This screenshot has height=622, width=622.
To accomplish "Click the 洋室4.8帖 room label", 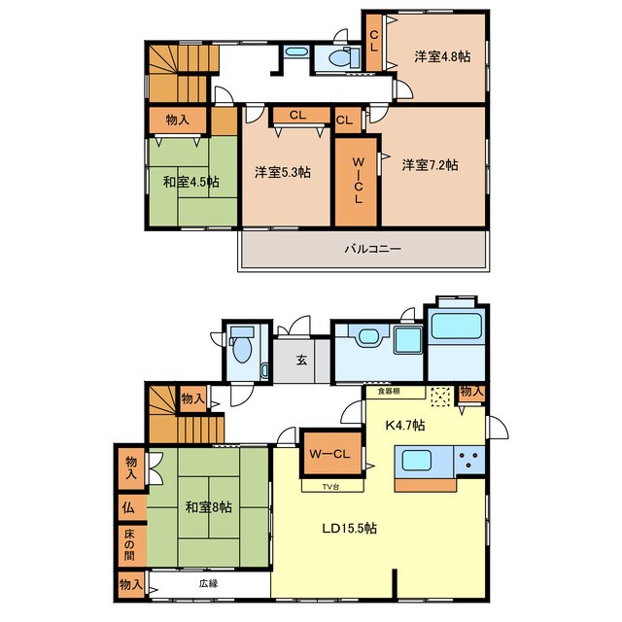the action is tap(442, 56).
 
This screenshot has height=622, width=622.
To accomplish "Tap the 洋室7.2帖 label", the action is tap(430, 164).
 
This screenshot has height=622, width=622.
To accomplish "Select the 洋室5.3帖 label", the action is tap(283, 172).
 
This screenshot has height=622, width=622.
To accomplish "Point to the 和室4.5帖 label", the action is tap(190, 182).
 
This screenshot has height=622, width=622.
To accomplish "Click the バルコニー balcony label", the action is tap(373, 249).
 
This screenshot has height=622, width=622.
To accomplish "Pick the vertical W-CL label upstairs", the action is tap(358, 181).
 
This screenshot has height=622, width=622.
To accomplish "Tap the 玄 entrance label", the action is tap(302, 361).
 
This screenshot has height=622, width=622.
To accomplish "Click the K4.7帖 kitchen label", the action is tap(405, 426).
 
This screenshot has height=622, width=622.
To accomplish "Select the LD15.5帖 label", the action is tap(350, 529).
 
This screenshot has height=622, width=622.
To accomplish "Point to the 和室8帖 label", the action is tap(209, 507).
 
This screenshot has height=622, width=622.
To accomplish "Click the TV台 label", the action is tap(330, 487).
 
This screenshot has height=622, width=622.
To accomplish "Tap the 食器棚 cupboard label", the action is tap(389, 392).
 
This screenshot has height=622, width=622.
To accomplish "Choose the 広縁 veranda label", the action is tap(209, 583).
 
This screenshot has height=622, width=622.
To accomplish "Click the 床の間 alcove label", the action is tap(129, 545).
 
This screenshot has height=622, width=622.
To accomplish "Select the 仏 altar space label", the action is tap(128, 507).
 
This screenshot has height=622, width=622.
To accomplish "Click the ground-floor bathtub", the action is tap(457, 326).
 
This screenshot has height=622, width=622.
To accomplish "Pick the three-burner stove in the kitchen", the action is tap(469, 460).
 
